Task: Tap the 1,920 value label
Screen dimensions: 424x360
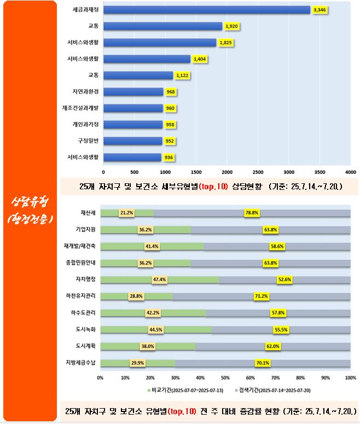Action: [231, 26]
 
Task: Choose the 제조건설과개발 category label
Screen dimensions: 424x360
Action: [80, 108]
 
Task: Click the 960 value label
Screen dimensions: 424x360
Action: [170, 108]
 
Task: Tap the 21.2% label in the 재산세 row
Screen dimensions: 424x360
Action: [127, 213]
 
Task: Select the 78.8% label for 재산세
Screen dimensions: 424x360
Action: [252, 213]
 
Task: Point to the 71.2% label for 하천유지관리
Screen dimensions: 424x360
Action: [261, 296]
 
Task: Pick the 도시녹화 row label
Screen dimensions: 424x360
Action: [85, 329]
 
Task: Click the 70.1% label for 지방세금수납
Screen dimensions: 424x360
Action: [263, 363]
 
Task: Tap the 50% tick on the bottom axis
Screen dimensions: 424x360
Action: [225, 377]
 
